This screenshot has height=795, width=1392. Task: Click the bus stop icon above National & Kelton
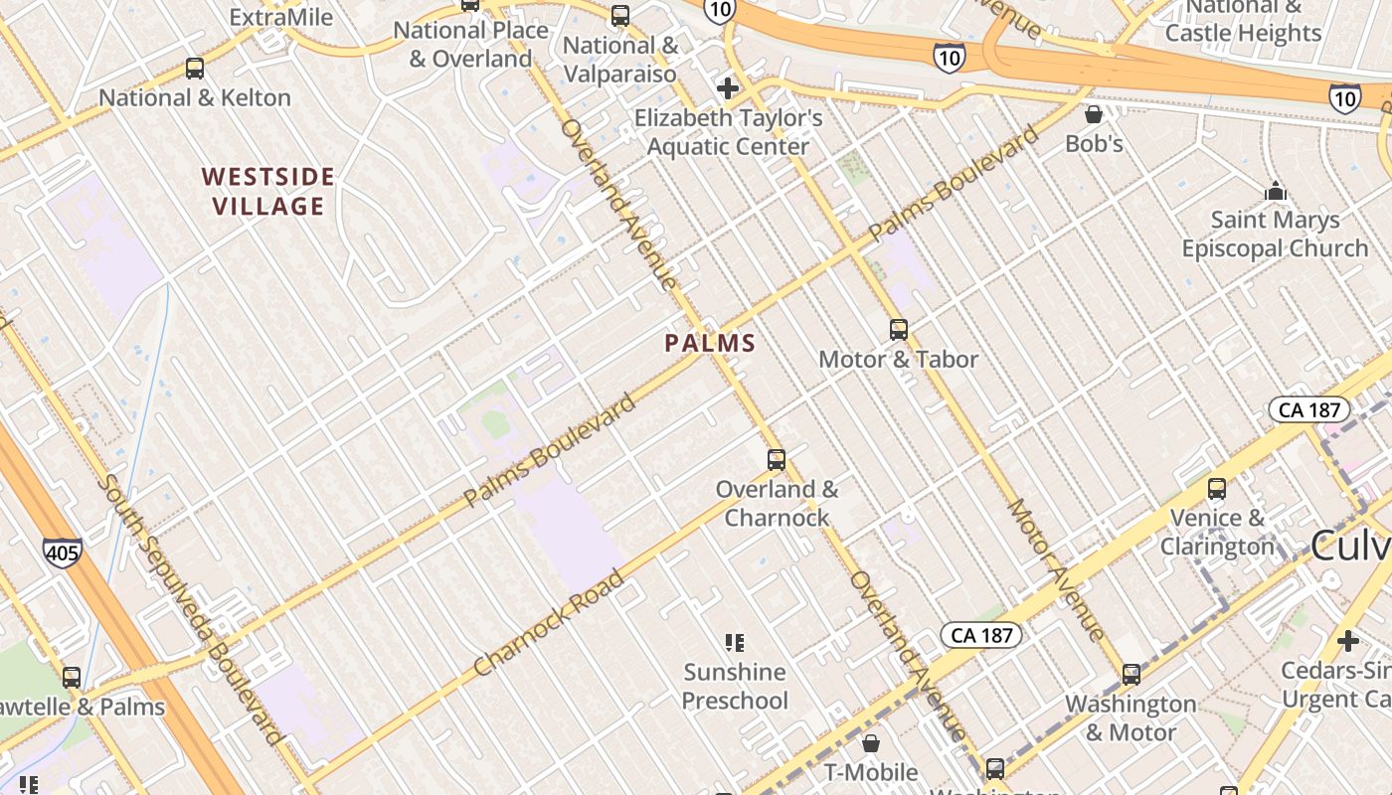(195, 69)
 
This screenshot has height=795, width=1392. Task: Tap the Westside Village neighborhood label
(267, 192)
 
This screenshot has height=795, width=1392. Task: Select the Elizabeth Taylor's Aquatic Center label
(728, 132)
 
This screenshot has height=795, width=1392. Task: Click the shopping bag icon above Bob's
(1094, 114)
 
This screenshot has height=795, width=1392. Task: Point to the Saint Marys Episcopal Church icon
(1275, 190)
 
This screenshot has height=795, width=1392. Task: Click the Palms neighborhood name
(710, 344)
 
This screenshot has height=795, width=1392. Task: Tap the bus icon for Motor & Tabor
(899, 329)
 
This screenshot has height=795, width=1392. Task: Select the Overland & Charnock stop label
(777, 503)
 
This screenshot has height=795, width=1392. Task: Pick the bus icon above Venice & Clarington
(1216, 488)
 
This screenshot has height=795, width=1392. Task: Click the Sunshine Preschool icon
(735, 643)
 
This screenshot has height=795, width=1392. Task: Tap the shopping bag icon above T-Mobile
(871, 743)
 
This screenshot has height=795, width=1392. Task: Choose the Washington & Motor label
(1131, 717)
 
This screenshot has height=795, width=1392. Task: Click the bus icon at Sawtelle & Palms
(72, 678)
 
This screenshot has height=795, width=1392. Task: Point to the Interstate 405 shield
(62, 553)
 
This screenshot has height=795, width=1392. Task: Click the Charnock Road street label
(550, 622)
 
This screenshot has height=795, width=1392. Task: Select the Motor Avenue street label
(1055, 568)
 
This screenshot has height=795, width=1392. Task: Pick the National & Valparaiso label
(620, 60)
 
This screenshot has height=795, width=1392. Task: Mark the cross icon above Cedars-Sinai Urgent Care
(1347, 641)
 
